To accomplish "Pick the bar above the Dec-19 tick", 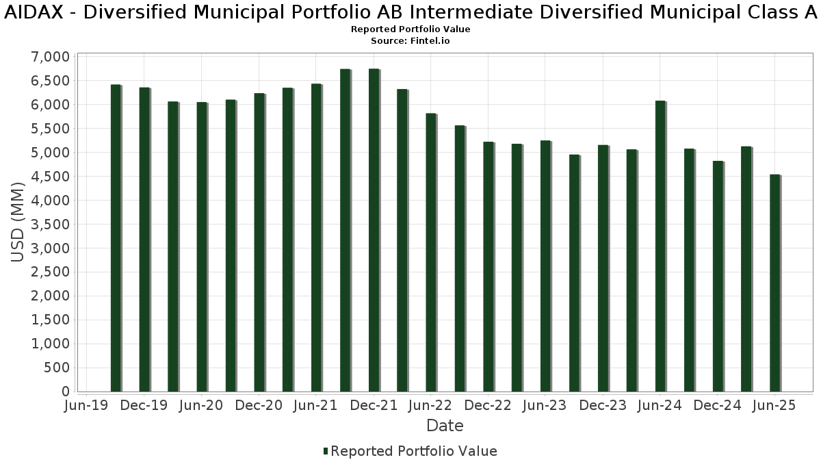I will tap(144, 240).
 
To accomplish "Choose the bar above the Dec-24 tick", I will tap(718, 277).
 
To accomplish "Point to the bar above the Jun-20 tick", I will tap(202, 247).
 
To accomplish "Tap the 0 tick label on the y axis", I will tap(66, 392).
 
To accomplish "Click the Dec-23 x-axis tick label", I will tap(603, 406).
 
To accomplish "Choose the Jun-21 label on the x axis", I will tap(316, 406).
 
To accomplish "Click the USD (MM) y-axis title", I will tap(18, 224).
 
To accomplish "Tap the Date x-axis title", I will tap(445, 426).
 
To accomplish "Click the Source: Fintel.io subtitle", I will tap(410, 41).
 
